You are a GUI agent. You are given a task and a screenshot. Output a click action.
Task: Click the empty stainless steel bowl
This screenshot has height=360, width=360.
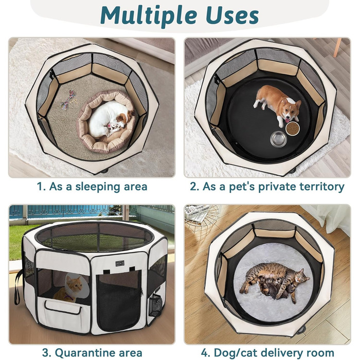pyautogui.click(x=279, y=138)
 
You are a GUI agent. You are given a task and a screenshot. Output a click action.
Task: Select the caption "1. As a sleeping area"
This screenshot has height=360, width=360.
pyautogui.click(x=92, y=186)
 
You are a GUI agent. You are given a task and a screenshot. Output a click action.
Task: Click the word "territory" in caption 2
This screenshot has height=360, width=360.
pyautogui.click(x=319, y=186)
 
